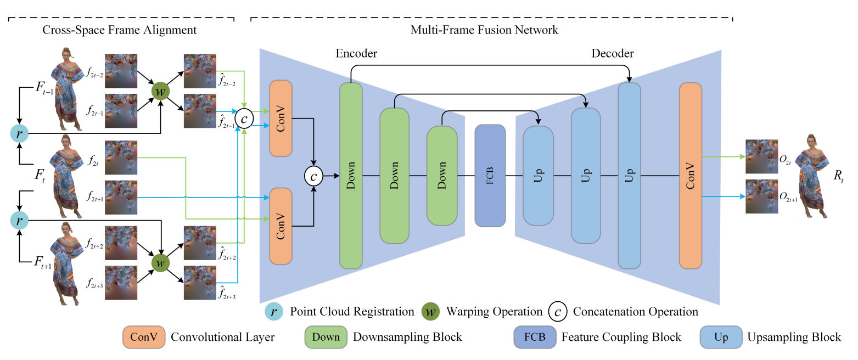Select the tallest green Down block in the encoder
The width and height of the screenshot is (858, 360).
pyautogui.click(x=351, y=176)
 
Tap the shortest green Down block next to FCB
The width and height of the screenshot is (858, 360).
pyautogui.click(x=442, y=176)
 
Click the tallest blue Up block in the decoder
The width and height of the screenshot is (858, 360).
pyautogui.click(x=629, y=176)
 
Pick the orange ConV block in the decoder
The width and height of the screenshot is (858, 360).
pyautogui.click(x=691, y=176)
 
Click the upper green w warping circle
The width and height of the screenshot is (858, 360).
pyautogui.click(x=160, y=91)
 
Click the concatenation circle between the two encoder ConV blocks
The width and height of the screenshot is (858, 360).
pyautogui.click(x=313, y=176)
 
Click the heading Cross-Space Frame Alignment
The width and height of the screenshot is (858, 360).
pyautogui.click(x=119, y=30)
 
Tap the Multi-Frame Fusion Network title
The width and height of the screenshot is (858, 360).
pyautogui.click(x=484, y=30)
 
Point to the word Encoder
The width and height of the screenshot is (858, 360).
pyautogui.click(x=356, y=53)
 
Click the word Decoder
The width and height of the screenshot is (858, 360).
pyautogui.click(x=612, y=53)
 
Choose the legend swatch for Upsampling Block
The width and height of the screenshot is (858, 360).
pyautogui.click(x=721, y=336)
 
